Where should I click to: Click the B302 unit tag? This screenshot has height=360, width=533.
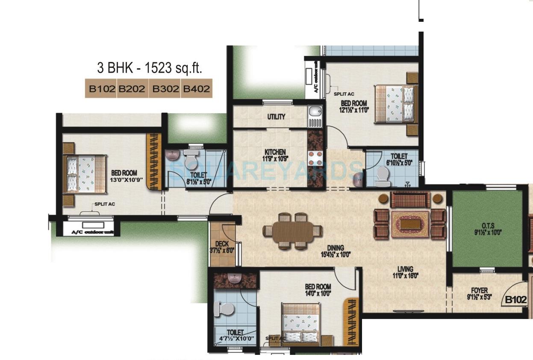click(x=165, y=89)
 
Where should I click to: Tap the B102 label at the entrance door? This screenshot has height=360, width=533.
click(x=515, y=300)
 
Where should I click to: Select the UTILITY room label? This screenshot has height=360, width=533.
click(x=276, y=117)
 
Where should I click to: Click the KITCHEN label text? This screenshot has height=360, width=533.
click(x=275, y=152)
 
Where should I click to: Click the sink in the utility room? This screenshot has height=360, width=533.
click(x=315, y=112)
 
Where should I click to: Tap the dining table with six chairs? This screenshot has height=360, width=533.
click(x=293, y=231)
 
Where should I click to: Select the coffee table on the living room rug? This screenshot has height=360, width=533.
click(x=410, y=224)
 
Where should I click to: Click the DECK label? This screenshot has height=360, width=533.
click(x=222, y=244)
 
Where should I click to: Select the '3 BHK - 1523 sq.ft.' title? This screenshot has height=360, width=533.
click(x=149, y=67)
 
